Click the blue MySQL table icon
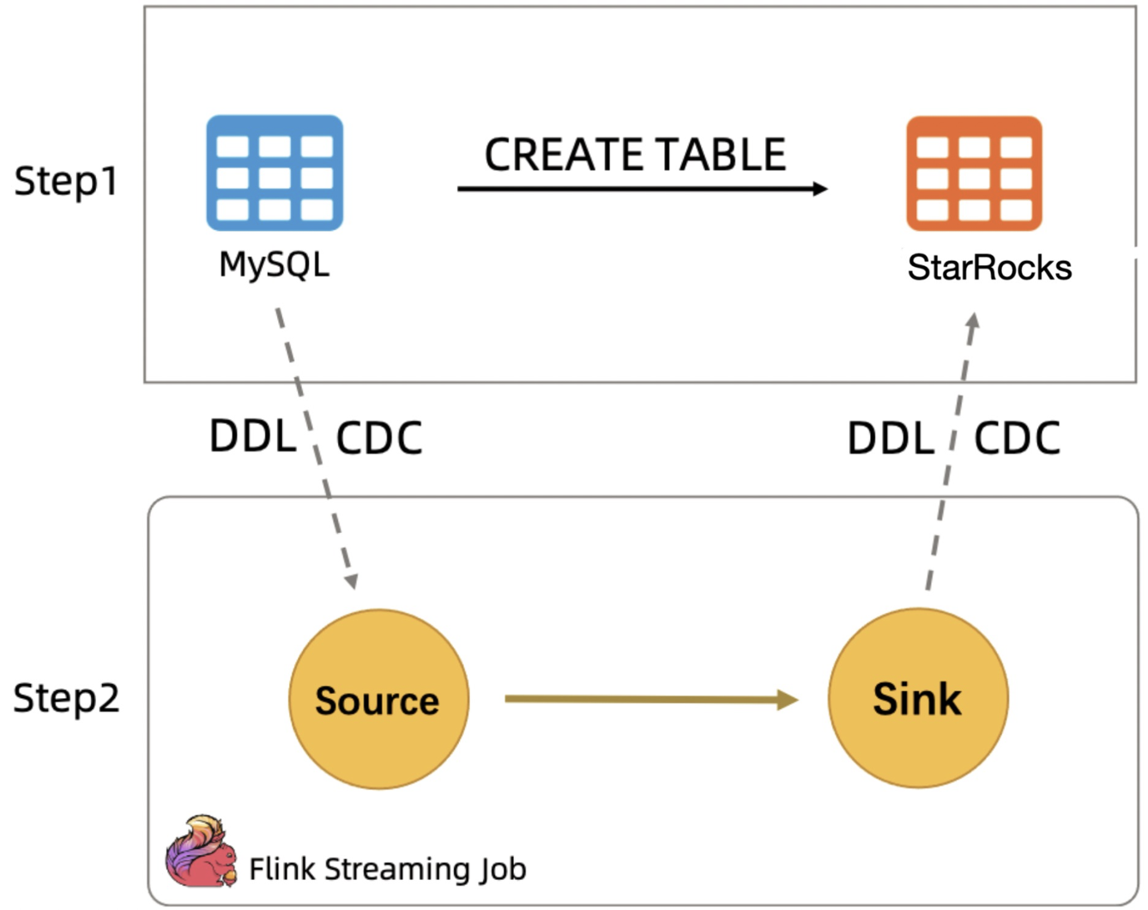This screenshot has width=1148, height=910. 275,173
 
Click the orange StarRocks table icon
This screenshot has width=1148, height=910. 974,173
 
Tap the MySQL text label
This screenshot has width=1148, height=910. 275,264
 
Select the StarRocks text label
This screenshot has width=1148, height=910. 989,268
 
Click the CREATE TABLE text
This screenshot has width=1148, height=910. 635,155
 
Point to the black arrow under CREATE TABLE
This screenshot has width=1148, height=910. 642,188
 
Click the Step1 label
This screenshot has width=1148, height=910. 66,181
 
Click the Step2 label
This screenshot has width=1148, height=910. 66,698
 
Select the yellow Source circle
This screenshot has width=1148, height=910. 378,699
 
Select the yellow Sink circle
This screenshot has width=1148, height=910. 917,698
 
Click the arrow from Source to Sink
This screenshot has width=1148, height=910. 643,699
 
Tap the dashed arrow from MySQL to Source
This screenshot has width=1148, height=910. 314,446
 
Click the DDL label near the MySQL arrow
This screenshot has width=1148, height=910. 252,436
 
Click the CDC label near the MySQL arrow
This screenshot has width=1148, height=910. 378,438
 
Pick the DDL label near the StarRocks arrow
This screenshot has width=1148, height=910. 890,439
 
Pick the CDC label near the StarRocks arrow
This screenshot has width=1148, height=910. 1017,438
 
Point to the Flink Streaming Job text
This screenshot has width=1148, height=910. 387,869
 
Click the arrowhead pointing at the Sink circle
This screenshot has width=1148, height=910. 788,700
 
